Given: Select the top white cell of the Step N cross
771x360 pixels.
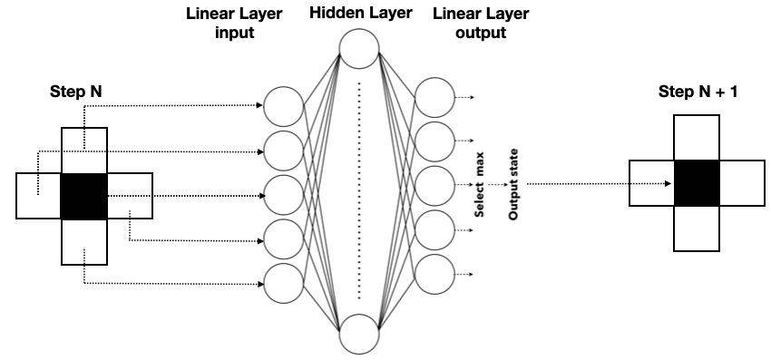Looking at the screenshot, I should coord(83,150).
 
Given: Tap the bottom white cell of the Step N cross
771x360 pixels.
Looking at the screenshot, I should coord(83,241).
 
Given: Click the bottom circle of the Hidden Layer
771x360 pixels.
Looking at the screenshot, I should coord(358,334).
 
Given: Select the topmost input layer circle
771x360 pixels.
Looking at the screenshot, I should coord(283,107).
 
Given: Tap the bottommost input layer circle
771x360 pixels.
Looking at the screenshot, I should coord(283,284).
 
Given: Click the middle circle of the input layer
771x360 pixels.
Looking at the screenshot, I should coord(283,195).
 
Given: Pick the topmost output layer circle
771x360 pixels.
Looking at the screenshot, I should coord(434,97).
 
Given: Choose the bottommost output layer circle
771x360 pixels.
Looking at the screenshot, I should coord(434,274).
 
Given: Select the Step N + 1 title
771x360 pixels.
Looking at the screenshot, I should coord(697,93).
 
